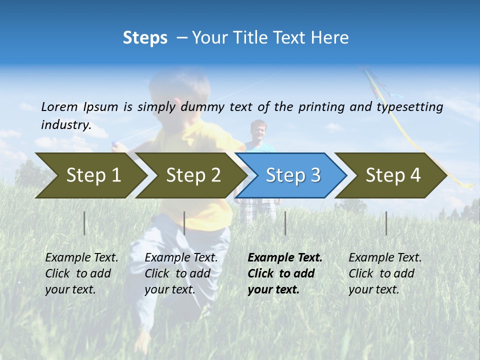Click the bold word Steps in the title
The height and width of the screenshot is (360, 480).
(145, 38)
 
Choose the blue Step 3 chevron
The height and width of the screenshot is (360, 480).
(293, 175)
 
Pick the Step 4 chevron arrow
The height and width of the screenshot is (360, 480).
(393, 175)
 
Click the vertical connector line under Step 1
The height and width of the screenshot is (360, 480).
(84, 223)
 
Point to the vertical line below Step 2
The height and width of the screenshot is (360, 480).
(184, 223)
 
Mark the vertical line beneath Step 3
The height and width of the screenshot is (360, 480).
(285, 223)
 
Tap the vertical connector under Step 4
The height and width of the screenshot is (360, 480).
(386, 223)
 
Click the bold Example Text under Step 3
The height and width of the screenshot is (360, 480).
(285, 258)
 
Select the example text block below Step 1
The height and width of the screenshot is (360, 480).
(81, 273)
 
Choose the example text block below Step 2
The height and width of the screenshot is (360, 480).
(181, 273)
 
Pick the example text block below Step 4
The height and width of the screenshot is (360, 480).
(385, 273)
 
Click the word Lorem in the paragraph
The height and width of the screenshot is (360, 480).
(59, 106)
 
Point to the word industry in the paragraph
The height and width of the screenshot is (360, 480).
(65, 124)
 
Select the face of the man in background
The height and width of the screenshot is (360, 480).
(258, 131)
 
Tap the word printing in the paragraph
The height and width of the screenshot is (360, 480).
(321, 107)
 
